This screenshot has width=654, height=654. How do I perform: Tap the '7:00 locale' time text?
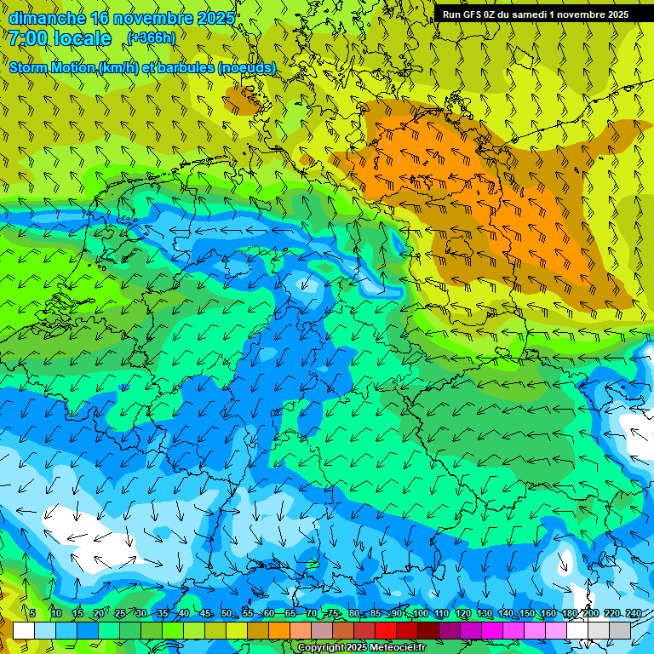click(x=60, y=38)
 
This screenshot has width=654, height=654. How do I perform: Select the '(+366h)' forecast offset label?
click(x=151, y=37)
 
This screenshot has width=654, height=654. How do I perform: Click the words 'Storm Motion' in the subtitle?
click(x=52, y=67)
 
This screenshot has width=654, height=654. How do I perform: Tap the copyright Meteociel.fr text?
click(x=361, y=648)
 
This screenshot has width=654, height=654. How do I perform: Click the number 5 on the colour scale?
click(x=32, y=614)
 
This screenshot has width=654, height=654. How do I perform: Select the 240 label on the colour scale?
click(x=633, y=614)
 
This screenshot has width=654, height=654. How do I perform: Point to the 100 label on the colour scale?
click(x=420, y=614)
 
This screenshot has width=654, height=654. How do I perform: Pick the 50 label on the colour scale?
click(x=227, y=614)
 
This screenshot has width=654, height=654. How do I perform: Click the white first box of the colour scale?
click(x=24, y=630)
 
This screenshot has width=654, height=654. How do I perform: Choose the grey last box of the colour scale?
click(x=620, y=630)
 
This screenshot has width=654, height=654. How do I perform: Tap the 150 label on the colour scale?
click(x=527, y=614)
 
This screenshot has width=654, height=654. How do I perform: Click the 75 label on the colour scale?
click(x=333, y=614)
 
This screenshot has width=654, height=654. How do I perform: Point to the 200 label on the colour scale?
click(x=590, y=614)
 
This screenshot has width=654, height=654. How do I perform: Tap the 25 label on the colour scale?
click(x=120, y=614)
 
